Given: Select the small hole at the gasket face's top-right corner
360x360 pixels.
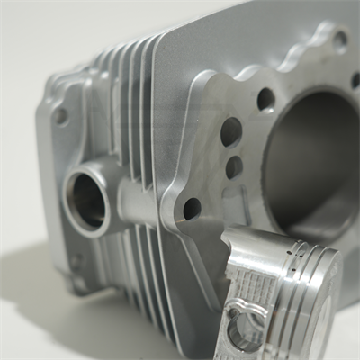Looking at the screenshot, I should coord(339,39).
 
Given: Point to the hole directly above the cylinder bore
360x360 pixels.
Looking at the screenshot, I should coord(265,98).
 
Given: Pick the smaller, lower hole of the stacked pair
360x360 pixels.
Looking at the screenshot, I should coord(234,166).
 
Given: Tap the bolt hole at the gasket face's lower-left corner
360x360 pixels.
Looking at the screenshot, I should coord(192,208).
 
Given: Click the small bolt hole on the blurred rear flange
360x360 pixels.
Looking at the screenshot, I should coord(60,116).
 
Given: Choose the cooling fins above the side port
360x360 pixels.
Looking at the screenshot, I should coord(130,108).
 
